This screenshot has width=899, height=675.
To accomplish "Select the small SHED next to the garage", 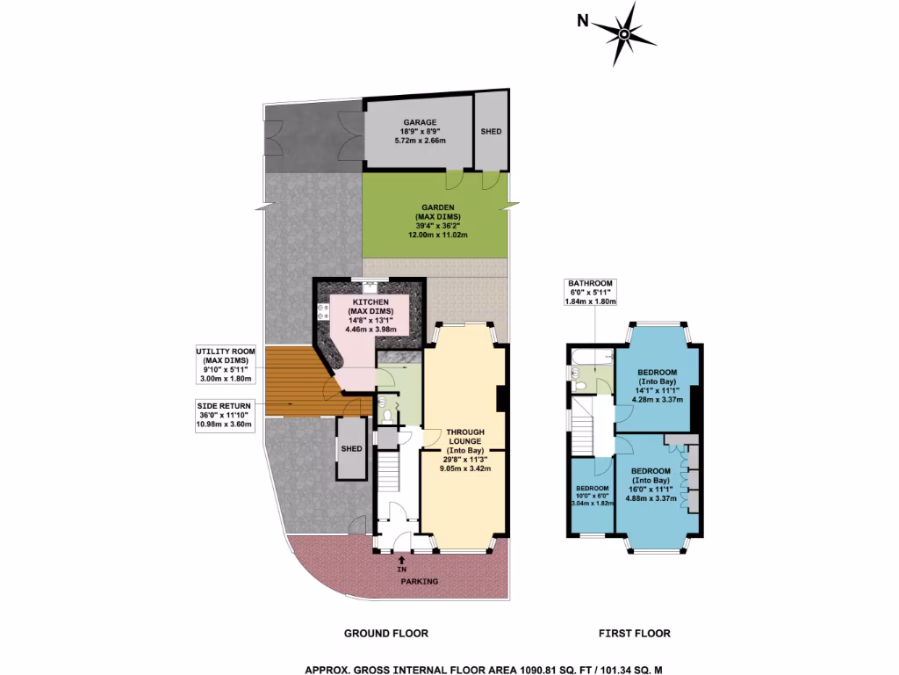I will point(491,131).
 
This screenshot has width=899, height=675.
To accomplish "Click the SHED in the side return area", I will point(352,448).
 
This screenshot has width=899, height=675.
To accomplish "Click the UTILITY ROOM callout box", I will point(224,365).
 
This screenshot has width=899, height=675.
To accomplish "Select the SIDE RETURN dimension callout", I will point(224,414).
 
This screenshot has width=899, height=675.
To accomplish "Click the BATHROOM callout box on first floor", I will point(590,292).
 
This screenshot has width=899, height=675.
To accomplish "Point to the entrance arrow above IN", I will point(401,558).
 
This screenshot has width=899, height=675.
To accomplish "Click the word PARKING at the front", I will point(420,582).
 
